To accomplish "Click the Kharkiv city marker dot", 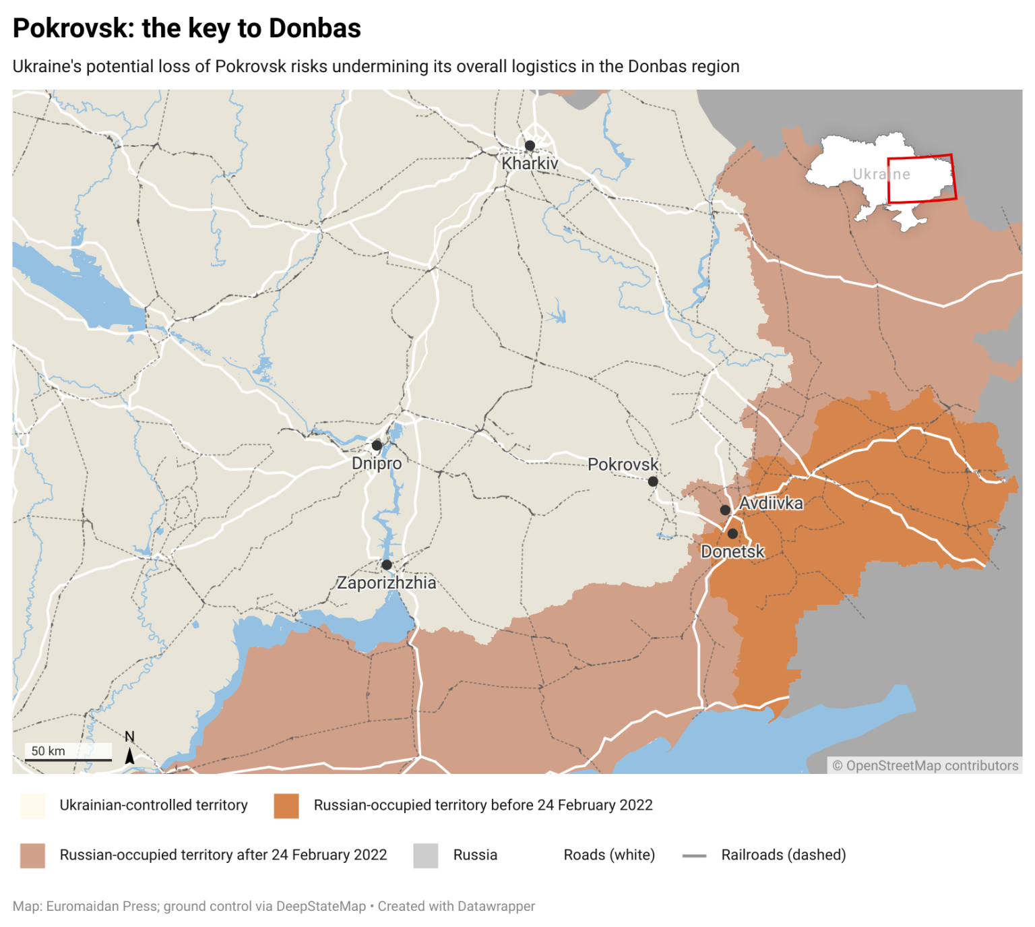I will pyautogui.click(x=530, y=146).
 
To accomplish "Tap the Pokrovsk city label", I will pyautogui.click(x=623, y=465).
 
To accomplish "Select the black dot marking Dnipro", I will pyautogui.click(x=377, y=446).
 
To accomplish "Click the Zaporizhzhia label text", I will pyautogui.click(x=386, y=582).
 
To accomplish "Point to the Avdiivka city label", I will pyautogui.click(x=771, y=503).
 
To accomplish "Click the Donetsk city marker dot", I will pyautogui.click(x=732, y=534).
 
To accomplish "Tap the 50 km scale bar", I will pyautogui.click(x=68, y=760).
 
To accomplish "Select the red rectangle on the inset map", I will pyautogui.click(x=921, y=179).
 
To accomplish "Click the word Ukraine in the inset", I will pyautogui.click(x=881, y=174).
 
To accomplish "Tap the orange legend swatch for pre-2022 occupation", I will pyautogui.click(x=286, y=806).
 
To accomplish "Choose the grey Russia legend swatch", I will pyautogui.click(x=426, y=856).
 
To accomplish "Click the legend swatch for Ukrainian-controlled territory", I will pyautogui.click(x=32, y=806).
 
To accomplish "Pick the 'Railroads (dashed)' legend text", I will pyautogui.click(x=783, y=855).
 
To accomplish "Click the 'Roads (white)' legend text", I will pyautogui.click(x=609, y=855).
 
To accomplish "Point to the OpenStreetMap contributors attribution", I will pyautogui.click(x=925, y=765).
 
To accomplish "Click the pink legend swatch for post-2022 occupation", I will pyautogui.click(x=32, y=856).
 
